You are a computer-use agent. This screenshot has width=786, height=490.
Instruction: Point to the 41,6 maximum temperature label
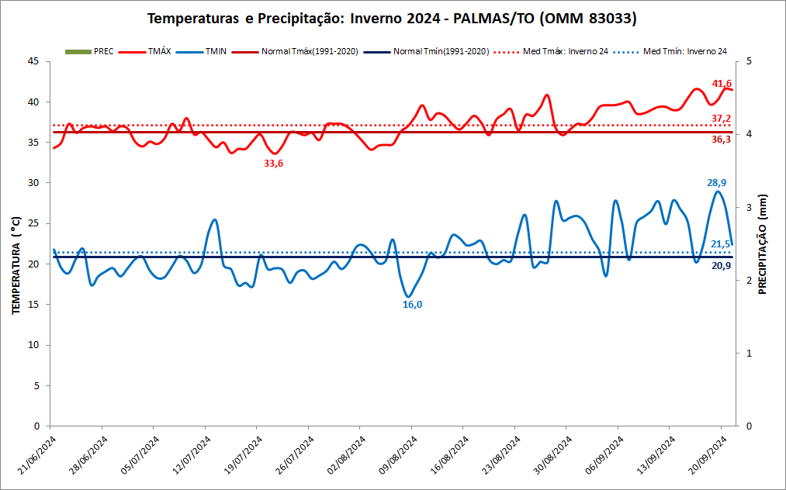(722, 84)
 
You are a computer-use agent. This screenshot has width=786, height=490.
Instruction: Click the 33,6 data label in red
(273, 163)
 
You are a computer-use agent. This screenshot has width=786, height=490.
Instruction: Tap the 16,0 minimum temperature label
(413, 305)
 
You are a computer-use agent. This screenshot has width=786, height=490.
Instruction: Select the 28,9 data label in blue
(715, 183)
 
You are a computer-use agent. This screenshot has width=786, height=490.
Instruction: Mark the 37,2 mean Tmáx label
(721, 119)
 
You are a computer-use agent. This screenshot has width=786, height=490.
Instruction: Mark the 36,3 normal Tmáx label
(721, 140)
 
